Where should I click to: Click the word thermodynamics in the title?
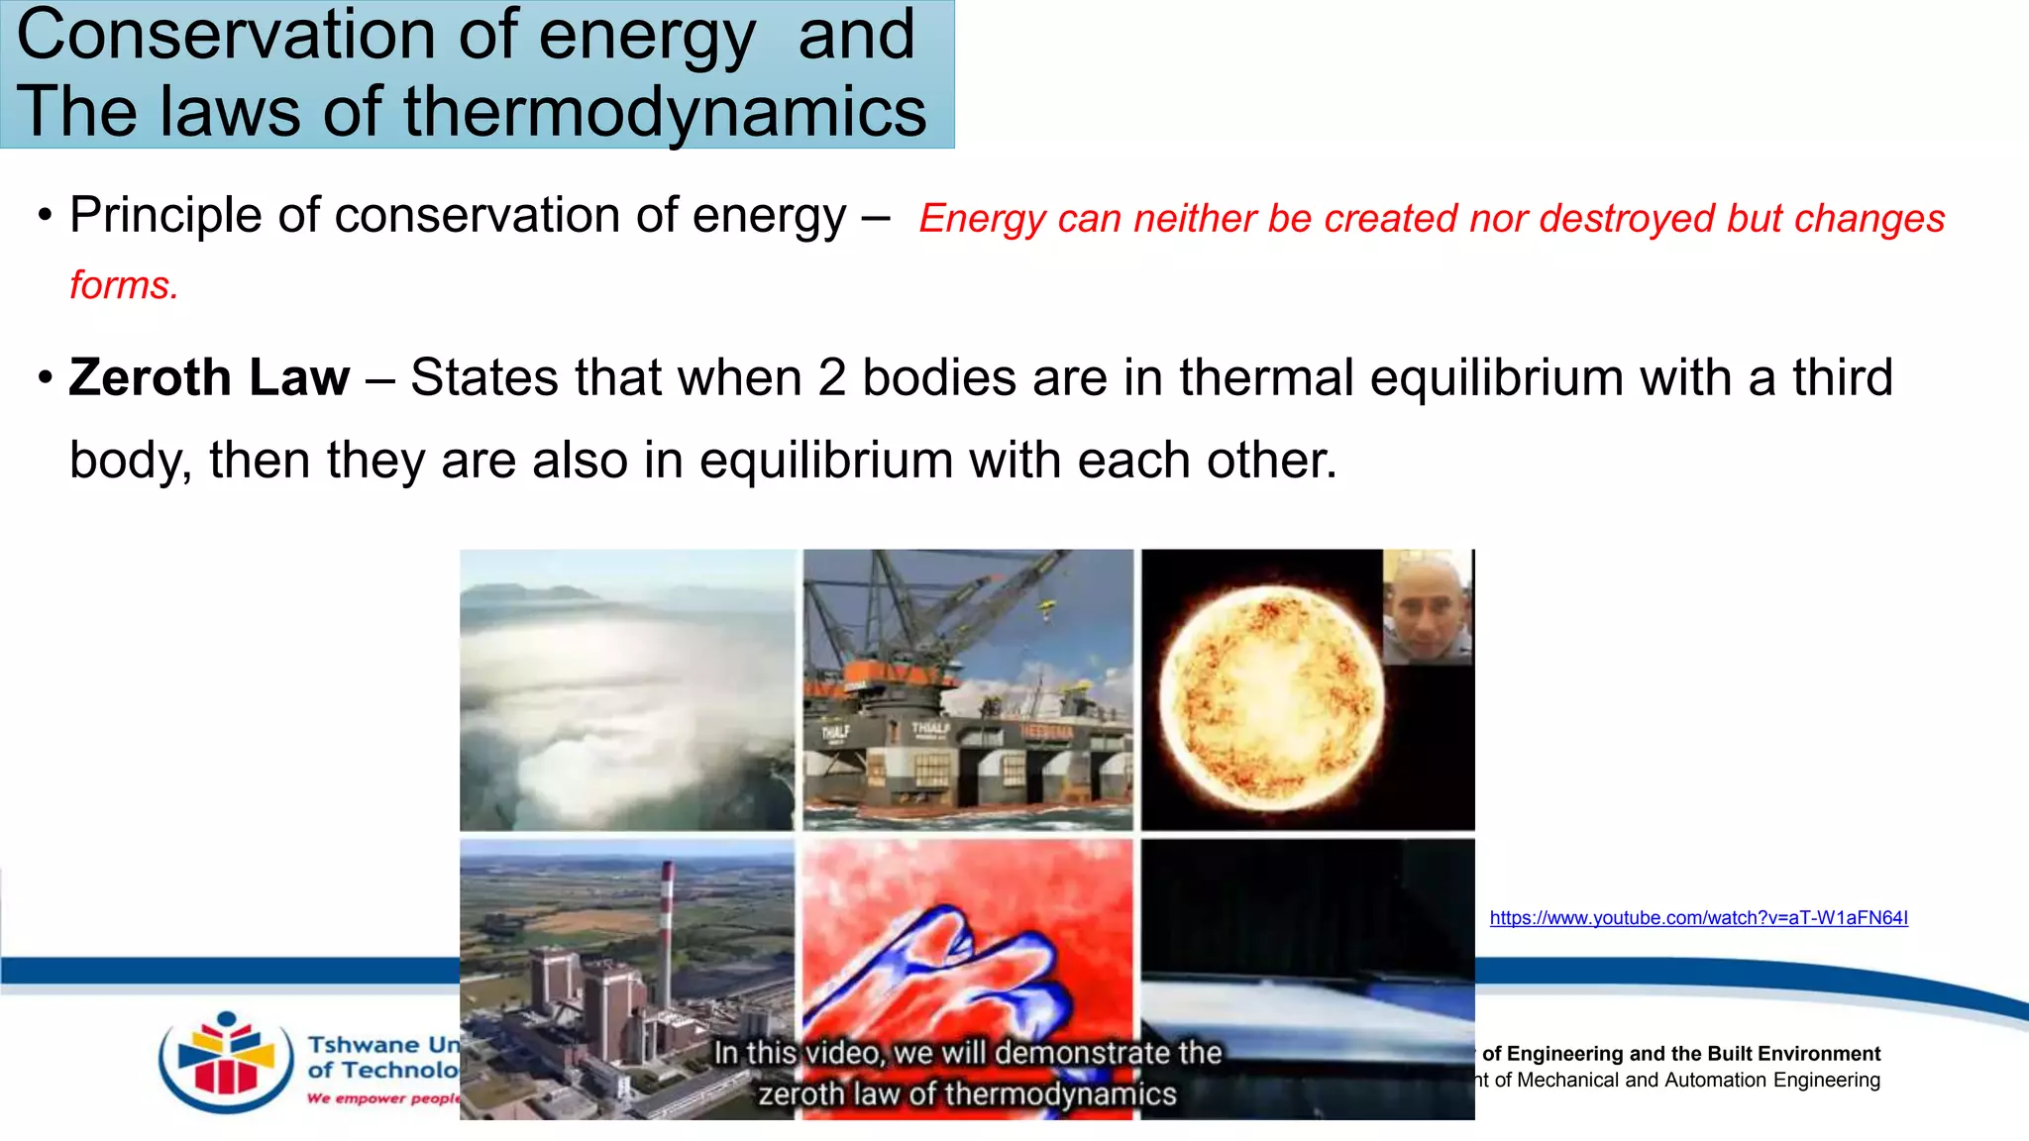click(x=665, y=111)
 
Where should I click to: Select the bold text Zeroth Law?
click(x=209, y=377)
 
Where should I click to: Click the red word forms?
click(x=124, y=285)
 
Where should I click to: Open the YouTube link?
click(x=1698, y=918)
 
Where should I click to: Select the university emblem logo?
click(x=227, y=1062)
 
